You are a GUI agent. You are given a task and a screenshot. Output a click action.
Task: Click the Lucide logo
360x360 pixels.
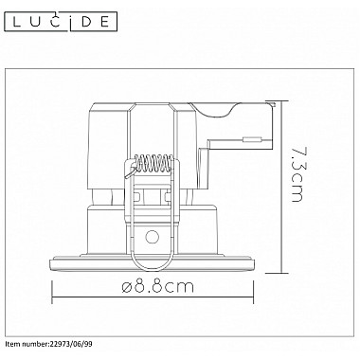pos(60,22)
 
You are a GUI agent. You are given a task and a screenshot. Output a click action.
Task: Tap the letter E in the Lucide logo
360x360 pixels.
pos(104,22)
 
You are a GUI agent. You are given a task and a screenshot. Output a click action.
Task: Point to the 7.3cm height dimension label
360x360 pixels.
pos(297,173)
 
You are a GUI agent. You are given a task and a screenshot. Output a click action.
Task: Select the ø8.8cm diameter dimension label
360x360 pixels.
pos(157,287)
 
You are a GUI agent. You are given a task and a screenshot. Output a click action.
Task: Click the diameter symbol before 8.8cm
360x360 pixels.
pos(127,287)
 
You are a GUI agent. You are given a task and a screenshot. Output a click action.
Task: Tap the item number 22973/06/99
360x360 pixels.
pos(71,344)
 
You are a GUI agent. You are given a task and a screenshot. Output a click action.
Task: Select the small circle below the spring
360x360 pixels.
pos(152,236)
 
